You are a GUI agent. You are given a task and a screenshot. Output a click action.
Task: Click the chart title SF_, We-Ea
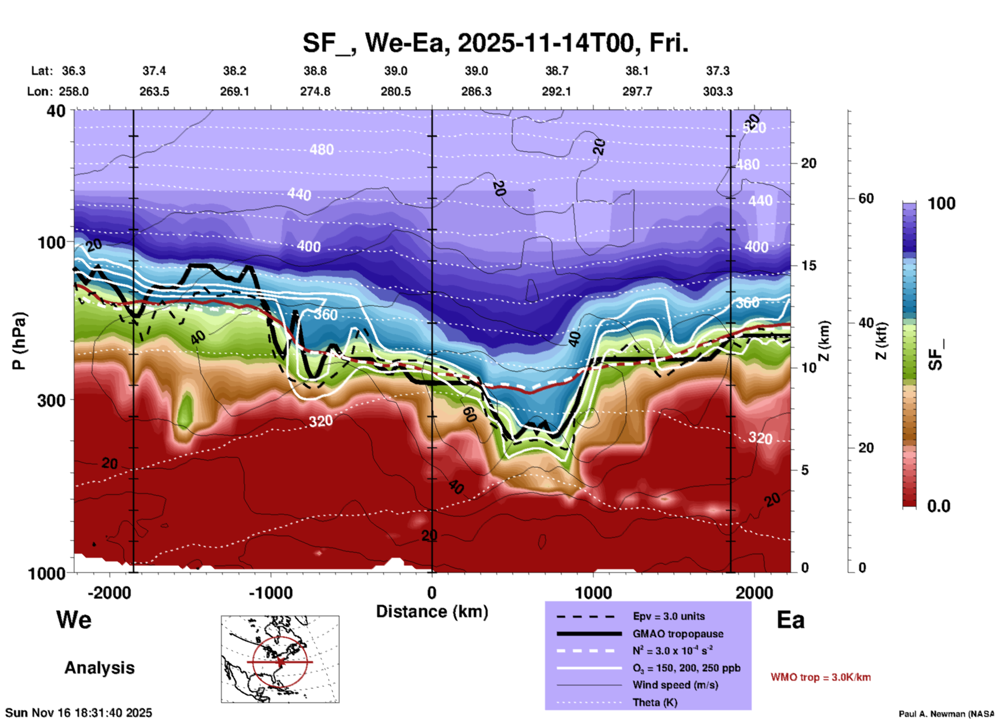pos(495,43)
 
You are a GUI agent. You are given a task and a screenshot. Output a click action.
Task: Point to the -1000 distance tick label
pos(271,592)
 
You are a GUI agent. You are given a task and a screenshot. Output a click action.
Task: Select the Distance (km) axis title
pos(432,612)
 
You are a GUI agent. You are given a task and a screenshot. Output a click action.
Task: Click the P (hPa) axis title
pos(19,341)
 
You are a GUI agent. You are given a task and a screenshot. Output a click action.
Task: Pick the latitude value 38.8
pos(315,71)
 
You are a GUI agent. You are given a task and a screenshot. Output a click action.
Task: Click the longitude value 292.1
pos(556,91)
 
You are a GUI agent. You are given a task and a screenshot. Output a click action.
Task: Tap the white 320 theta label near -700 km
pos(321,421)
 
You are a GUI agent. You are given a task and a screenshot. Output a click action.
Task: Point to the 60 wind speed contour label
pos(469,414)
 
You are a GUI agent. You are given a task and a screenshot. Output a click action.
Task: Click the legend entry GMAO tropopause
pos(678,634)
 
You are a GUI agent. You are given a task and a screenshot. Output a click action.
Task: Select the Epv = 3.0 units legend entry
pos(668,616)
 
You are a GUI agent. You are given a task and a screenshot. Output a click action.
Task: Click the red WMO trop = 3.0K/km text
pos(820,677)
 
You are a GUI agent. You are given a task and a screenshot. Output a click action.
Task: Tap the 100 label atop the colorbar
pos(941,204)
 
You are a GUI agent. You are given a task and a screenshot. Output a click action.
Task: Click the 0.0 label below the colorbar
pos(939,506)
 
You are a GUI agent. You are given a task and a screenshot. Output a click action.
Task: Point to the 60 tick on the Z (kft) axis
pos(866,198)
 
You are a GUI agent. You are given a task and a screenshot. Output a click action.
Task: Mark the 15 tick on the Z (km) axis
pos(808,265)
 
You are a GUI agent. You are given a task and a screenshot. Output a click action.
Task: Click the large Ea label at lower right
pos(790,620)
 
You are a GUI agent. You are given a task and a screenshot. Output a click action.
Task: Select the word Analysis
pos(99,668)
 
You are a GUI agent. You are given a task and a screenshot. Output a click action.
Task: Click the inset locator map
pos(280,659)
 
